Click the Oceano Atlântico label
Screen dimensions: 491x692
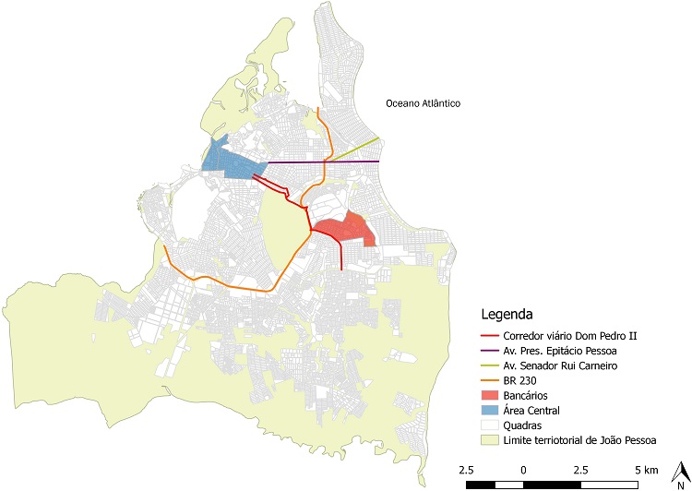pyautogui.click(x=422, y=104)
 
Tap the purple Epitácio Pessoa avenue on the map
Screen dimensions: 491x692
pyautogui.click(x=323, y=162)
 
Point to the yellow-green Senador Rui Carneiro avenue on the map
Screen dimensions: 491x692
pyautogui.click(x=355, y=150)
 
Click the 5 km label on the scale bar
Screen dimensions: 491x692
pyautogui.click(x=647, y=470)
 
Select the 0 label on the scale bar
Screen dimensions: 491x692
pyautogui.click(x=524, y=470)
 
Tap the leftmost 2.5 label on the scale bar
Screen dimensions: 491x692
pyautogui.click(x=467, y=470)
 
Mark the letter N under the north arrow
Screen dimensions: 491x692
pyautogui.click(x=680, y=485)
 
